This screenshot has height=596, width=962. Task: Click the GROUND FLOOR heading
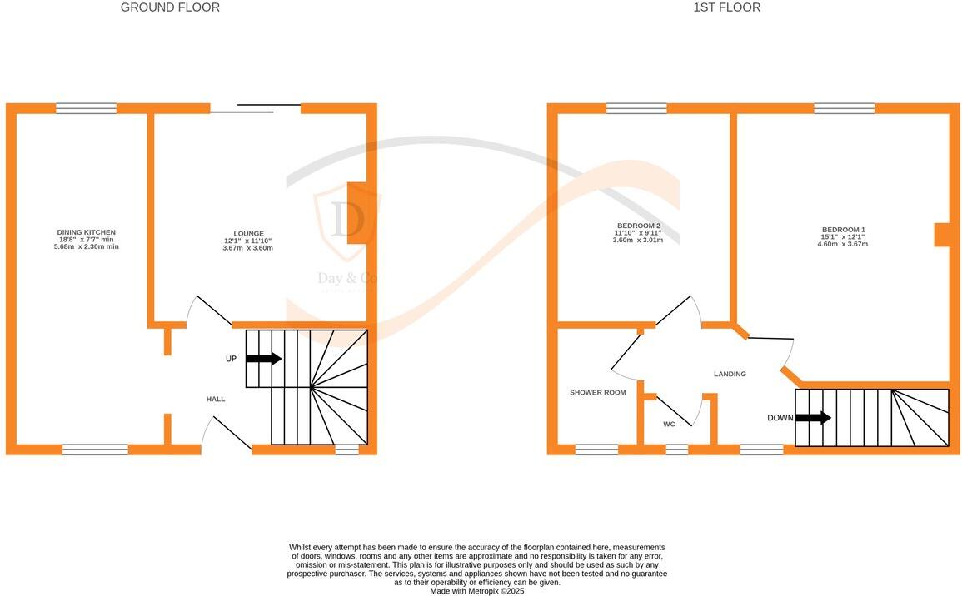point(170,7)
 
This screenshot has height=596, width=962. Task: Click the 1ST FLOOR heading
point(726,7)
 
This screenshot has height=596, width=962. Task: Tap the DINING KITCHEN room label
point(86,232)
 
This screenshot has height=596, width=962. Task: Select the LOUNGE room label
point(248,234)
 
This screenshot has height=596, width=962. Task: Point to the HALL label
point(216,400)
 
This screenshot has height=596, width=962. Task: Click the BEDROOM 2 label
point(639,226)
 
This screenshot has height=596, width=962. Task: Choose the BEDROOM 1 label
point(843,230)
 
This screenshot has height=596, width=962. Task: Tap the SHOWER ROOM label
point(597,393)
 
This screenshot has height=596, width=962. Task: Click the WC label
point(669,425)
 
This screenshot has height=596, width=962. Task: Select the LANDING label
point(730,374)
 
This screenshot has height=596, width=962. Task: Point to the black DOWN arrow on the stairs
point(813,418)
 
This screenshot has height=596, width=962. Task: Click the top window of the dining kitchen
point(86,108)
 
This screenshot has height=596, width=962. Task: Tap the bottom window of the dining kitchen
point(95,449)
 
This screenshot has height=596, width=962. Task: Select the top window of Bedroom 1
point(844,108)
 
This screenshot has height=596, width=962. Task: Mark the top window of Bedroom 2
point(636,108)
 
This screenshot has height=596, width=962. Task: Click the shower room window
point(596,449)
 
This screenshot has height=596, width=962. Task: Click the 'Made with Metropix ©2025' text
point(476,591)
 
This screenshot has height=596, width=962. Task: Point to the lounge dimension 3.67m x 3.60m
point(248,248)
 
